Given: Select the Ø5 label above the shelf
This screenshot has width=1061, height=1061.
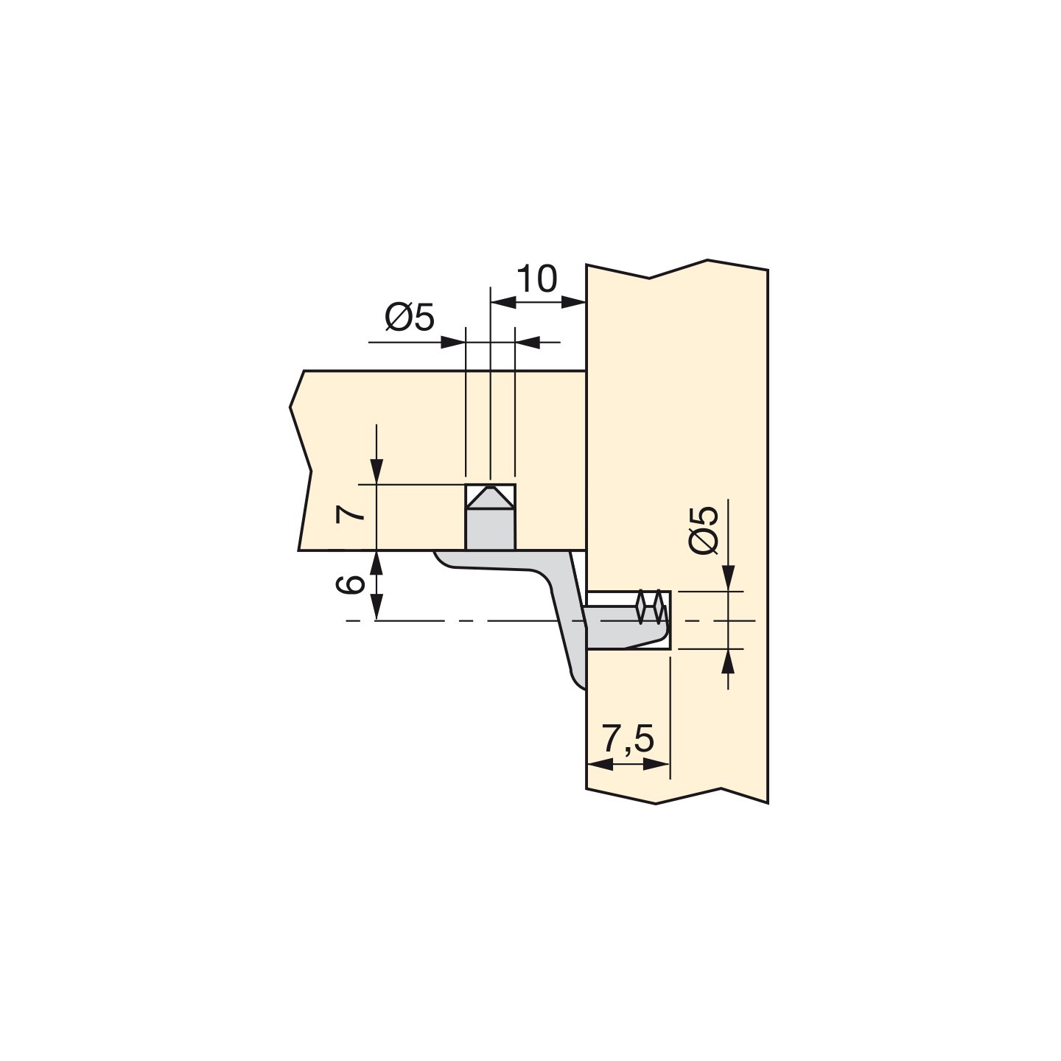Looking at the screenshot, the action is click(x=410, y=318).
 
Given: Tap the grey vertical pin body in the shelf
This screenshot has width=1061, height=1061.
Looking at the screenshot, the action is click(x=490, y=529).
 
